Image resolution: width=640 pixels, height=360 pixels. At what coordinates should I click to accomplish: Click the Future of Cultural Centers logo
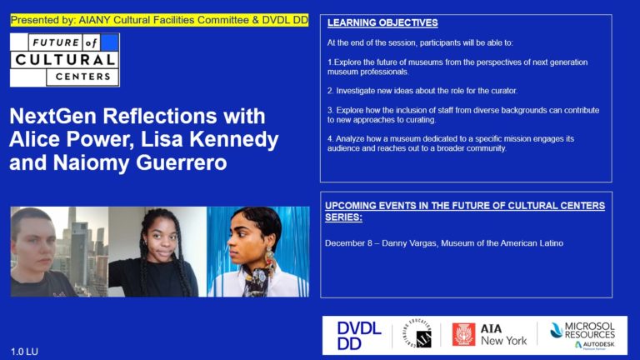(64, 59)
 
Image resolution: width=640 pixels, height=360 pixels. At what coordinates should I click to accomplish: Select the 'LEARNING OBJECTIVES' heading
(382, 23)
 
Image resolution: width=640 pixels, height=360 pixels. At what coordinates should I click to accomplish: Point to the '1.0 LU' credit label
(25, 351)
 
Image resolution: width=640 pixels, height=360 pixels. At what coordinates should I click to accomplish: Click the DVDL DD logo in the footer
(358, 335)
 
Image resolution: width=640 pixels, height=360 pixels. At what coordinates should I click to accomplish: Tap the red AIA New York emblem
(462, 334)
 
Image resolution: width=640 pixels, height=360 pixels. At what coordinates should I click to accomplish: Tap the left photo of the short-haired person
(58, 252)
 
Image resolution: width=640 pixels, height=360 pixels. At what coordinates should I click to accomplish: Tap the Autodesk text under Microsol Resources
(592, 344)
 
